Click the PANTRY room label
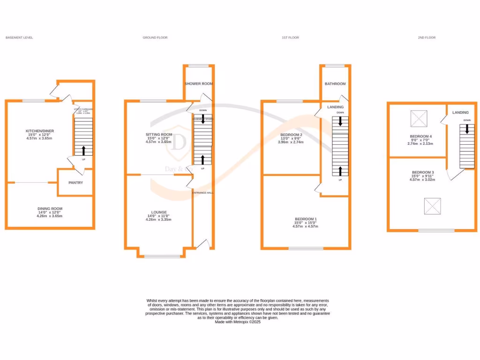[75, 182]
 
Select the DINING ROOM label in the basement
[50, 209]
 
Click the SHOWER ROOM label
[199, 83]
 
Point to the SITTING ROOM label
[158, 135]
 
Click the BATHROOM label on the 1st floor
[335, 84]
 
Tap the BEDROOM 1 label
[306, 219]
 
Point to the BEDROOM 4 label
[420, 136]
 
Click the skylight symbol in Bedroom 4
[419, 118]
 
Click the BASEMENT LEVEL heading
[19, 37]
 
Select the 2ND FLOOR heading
[427, 37]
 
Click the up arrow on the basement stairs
[84, 150]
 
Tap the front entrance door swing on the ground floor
[202, 243]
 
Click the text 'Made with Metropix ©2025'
[237, 322]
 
